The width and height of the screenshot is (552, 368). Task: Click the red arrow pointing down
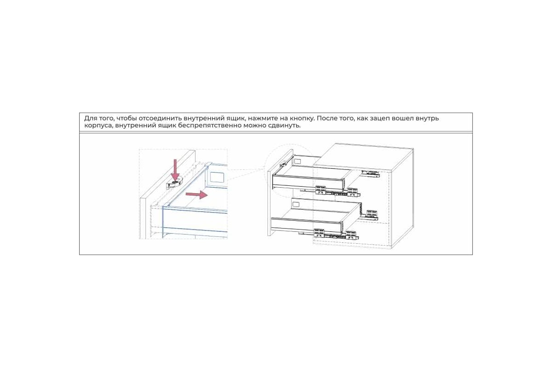click(x=175, y=170)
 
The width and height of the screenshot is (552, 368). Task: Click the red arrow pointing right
click(x=197, y=195)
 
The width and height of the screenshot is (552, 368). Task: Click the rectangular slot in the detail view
click(x=217, y=177)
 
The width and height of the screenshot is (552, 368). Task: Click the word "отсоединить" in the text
click(x=161, y=118)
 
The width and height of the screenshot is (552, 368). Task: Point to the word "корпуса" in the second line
click(x=98, y=126)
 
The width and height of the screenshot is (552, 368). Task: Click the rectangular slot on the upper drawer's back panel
click(x=298, y=161)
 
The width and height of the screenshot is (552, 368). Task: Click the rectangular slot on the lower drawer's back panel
click(x=295, y=204)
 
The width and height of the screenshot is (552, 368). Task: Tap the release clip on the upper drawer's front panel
click(x=283, y=164)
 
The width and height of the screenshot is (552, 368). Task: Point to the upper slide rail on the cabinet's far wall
click(x=370, y=173)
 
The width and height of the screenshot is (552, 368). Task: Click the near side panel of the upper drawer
click(x=308, y=183)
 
